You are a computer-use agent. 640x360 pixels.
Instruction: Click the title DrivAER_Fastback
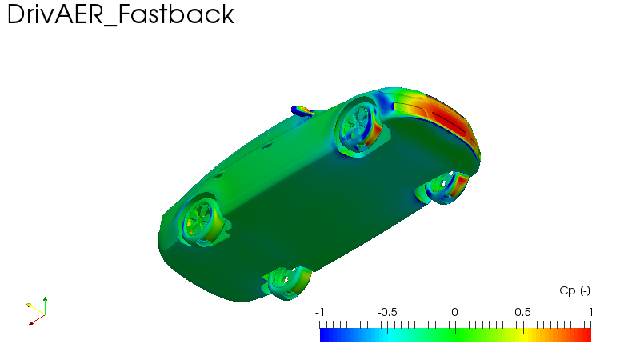pos(121,15)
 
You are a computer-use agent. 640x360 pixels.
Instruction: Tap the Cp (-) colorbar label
pos(574,290)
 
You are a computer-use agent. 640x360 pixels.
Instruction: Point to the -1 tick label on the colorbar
pos(319,312)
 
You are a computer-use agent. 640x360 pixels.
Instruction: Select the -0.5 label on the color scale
pos(387,312)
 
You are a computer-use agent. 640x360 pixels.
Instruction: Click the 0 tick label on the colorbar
pos(454,312)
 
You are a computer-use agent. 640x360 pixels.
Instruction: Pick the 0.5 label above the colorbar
pos(522,312)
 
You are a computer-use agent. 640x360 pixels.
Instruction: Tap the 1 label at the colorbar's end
pos(590,312)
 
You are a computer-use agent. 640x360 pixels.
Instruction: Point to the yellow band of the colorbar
pos(524,335)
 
